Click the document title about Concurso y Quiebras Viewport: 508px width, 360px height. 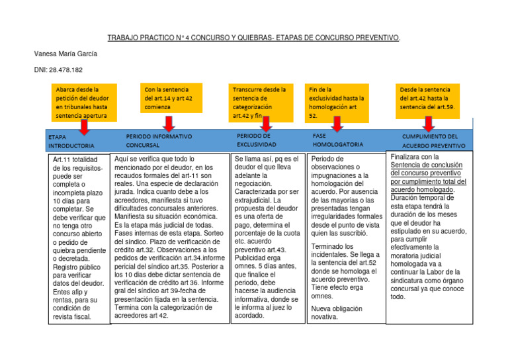coord(254,38)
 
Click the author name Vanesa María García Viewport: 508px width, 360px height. coord(65,53)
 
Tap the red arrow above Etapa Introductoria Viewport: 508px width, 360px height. coord(85,126)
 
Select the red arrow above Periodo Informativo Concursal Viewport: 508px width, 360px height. coord(169,123)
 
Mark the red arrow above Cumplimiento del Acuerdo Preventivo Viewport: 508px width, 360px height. coord(428,123)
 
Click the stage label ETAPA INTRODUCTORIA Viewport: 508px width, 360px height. coord(71,140)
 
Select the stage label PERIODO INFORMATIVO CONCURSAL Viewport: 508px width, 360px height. coord(159,140)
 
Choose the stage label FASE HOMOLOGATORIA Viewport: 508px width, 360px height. coord(337,140)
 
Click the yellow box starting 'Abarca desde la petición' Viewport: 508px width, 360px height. coord(85,102)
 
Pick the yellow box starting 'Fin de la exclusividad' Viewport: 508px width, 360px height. coord(337,102)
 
